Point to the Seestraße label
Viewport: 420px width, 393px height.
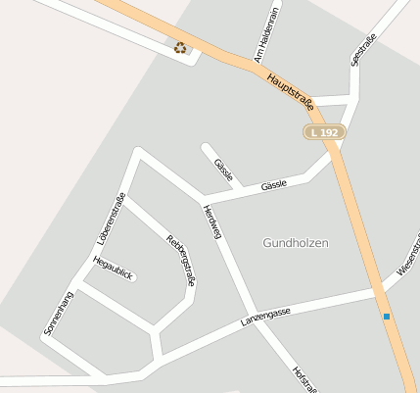(x=363, y=49)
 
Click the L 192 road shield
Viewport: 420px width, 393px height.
(x=322, y=131)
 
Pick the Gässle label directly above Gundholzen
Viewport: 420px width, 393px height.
(x=274, y=185)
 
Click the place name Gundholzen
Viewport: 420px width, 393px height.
(x=296, y=242)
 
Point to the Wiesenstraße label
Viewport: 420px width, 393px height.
(x=407, y=256)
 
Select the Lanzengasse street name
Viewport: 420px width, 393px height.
(x=265, y=317)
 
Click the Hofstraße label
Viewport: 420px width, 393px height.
(x=303, y=380)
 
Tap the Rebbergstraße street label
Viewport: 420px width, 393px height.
(x=181, y=259)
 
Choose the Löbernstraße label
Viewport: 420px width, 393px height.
(x=112, y=220)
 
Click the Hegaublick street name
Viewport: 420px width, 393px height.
(x=113, y=268)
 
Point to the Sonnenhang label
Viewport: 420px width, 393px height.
(x=59, y=314)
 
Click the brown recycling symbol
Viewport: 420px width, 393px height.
(x=180, y=47)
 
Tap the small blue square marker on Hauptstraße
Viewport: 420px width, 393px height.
(x=387, y=317)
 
